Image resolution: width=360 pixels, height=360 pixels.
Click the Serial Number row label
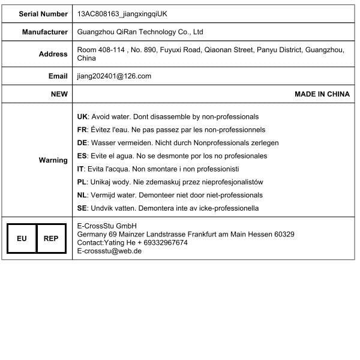click(43, 13)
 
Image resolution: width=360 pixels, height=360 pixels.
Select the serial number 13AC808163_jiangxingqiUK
click(122, 13)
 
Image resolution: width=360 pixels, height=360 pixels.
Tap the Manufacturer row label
click(45, 32)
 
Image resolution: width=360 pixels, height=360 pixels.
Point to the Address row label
click(53, 54)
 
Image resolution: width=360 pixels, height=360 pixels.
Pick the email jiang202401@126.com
click(114, 76)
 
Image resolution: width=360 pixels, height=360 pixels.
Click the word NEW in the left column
click(59, 94)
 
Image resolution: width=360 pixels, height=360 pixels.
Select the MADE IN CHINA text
click(322, 94)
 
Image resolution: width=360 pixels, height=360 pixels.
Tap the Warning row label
click(53, 160)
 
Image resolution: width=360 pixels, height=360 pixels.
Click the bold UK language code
click(83, 116)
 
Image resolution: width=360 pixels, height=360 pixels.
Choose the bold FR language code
click(83, 130)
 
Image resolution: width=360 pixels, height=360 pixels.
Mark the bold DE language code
click(83, 143)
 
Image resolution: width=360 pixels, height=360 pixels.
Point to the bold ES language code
click(83, 156)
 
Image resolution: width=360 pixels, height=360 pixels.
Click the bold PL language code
click(82, 182)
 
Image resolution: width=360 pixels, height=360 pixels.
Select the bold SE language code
click(83, 208)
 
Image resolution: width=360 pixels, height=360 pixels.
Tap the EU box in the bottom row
click(22, 239)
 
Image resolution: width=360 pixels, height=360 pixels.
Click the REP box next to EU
click(51, 239)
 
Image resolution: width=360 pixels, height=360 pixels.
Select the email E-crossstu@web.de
click(109, 251)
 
